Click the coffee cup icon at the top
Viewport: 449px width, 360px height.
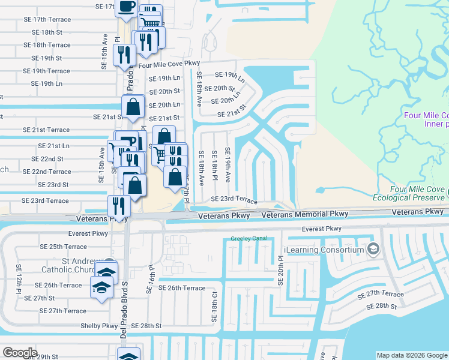(x=126, y=7)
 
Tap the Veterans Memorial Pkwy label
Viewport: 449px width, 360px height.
(x=305, y=214)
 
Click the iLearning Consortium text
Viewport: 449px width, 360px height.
(x=324, y=250)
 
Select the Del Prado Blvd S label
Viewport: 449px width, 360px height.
(x=124, y=318)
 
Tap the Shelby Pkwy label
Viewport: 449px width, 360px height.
(x=100, y=326)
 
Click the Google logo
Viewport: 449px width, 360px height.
(x=19, y=353)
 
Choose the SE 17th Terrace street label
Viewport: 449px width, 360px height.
(x=47, y=19)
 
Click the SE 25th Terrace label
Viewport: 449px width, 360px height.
(x=63, y=247)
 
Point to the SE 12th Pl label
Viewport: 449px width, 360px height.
(x=19, y=280)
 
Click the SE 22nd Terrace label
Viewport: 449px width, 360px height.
(x=47, y=172)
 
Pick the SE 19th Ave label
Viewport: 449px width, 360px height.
(x=228, y=165)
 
